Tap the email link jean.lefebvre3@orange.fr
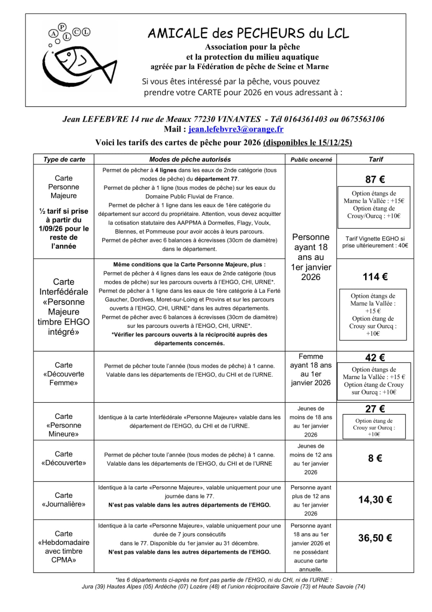pos(236,129)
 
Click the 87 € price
pos(375,179)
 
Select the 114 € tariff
pos(375,277)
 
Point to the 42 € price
pos(375,358)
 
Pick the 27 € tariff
pos(375,409)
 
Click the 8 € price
pos(375,458)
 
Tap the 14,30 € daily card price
pos(375,500)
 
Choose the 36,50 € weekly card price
pos(375,538)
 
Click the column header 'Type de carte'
pos(64,160)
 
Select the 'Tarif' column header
pos(375,160)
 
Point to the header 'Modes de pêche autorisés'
pos(190,160)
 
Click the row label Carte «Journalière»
pos(63,500)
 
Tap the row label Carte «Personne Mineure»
pos(63,425)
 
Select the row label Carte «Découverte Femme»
pos(63,374)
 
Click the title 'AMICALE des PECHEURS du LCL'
pos(248,34)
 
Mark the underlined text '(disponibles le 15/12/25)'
pos(307,143)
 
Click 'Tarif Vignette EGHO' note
pos(375,242)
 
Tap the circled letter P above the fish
pos(62,27)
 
